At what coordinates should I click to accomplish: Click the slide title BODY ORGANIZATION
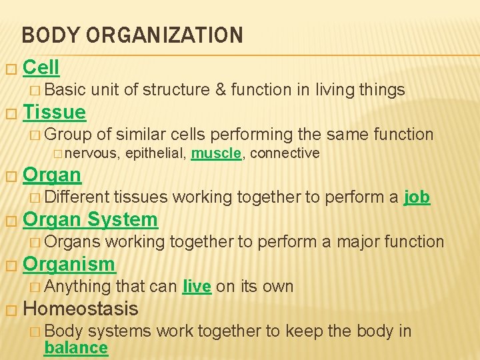(x=132, y=35)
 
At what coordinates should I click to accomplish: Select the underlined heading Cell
(x=41, y=67)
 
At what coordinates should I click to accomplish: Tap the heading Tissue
(x=54, y=112)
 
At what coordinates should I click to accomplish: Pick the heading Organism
(x=69, y=264)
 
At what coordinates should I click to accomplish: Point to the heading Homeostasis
(x=80, y=309)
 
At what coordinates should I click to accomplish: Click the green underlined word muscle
(x=215, y=154)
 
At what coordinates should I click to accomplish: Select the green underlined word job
(x=417, y=197)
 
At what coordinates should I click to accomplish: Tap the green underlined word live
(x=197, y=287)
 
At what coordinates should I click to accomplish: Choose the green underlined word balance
(x=75, y=348)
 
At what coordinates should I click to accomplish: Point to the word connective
(x=285, y=154)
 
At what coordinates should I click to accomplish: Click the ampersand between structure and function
(x=221, y=89)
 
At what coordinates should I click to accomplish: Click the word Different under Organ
(x=77, y=197)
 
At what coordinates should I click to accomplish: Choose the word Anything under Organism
(x=77, y=287)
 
